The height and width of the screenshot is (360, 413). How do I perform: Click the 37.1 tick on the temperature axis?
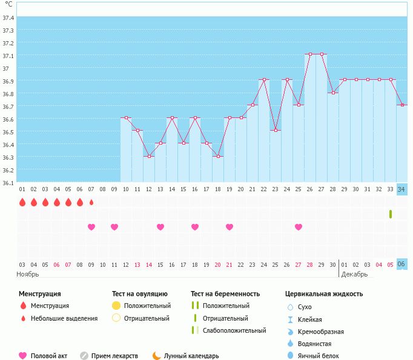pyautogui.click(x=8, y=56)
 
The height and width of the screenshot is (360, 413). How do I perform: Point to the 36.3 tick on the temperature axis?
pyautogui.click(x=8, y=157)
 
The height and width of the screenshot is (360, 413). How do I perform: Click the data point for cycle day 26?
pyautogui.click(x=310, y=54)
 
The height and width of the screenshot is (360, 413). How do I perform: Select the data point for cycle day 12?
pyautogui.click(x=149, y=156)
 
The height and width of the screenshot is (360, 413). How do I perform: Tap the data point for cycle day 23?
pyautogui.click(x=276, y=131)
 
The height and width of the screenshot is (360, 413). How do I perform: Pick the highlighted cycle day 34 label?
pyautogui.click(x=402, y=189)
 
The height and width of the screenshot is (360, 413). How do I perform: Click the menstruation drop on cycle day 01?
pyautogui.click(x=22, y=203)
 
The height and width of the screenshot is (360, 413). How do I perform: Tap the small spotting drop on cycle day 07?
pyautogui.click(x=91, y=203)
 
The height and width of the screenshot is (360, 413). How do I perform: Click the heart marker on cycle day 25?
pyautogui.click(x=299, y=227)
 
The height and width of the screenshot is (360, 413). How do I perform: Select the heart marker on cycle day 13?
pyautogui.click(x=160, y=227)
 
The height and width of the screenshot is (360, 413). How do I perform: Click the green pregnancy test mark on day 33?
pyautogui.click(x=391, y=214)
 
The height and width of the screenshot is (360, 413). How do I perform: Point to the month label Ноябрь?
pyautogui.click(x=27, y=274)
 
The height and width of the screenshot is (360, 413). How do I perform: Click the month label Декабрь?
pyautogui.click(x=355, y=274)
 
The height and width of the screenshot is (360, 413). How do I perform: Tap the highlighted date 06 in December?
pyautogui.click(x=402, y=264)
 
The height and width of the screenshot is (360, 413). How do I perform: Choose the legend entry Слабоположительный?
pyautogui.click(x=234, y=330)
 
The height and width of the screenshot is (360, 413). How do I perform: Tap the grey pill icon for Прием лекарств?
pyautogui.click(x=84, y=356)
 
